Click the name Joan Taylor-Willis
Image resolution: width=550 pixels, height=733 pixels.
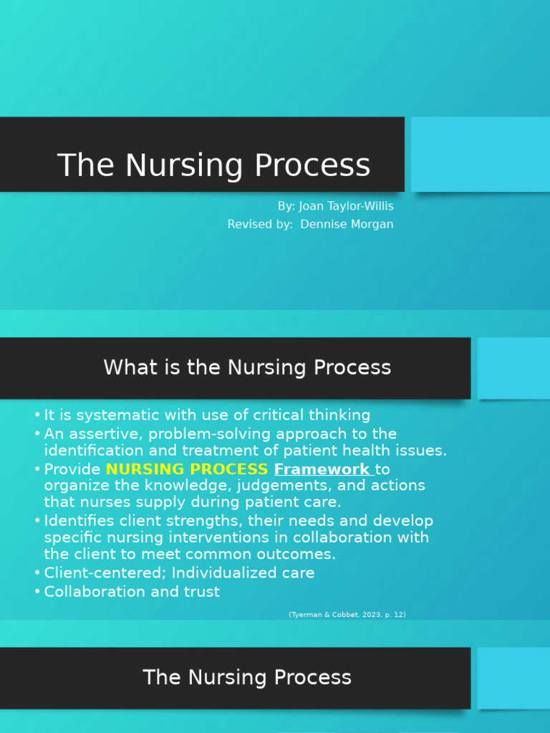pos(346,206)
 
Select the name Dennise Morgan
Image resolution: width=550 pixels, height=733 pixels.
pos(347,225)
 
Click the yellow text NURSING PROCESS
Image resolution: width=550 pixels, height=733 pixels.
pos(187,470)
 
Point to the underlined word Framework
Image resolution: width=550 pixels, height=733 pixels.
pos(322,470)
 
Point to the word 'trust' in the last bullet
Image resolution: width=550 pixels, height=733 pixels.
pos(201,592)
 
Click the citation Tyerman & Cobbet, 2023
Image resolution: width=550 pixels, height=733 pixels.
pos(347,615)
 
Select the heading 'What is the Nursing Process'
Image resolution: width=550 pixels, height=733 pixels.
pos(247,368)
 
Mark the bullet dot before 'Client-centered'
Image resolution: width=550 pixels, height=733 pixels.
pos(37,573)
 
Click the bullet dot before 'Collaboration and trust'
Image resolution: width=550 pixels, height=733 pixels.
pos(37,592)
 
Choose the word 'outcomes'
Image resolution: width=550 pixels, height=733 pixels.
pos(298,555)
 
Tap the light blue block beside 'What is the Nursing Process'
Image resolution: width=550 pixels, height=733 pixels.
pos(513,368)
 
